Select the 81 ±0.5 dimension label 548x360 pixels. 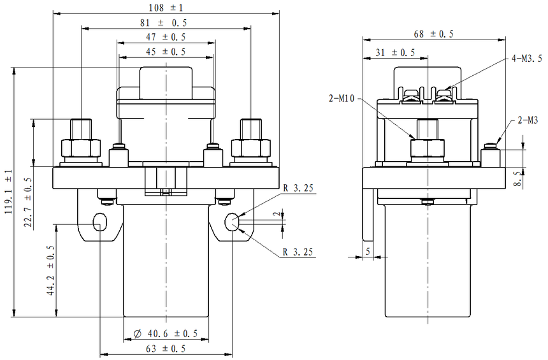[166, 23]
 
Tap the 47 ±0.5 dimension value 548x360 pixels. [166, 38]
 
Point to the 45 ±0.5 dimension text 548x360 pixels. [166, 52]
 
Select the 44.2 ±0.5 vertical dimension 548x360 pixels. [51, 271]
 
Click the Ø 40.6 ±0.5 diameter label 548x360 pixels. [166, 334]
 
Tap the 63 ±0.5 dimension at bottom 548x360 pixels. [166, 349]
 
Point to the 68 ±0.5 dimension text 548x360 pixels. [434, 34]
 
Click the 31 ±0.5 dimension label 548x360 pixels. [395, 52]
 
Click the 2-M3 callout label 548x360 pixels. [528, 119]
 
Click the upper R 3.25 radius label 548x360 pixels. [298, 189]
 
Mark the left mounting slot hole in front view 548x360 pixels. [100, 222]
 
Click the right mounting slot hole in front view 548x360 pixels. [233, 222]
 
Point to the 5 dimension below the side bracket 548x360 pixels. [368, 251]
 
